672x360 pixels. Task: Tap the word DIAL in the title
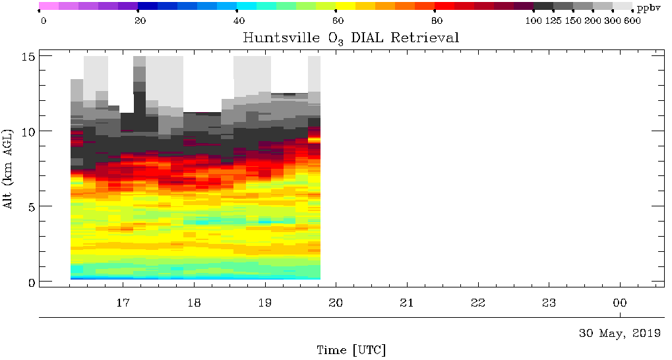coord(363,38)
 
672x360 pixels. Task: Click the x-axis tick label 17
coord(123,303)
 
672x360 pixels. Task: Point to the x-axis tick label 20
coord(336,303)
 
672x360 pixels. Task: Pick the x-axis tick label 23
coord(549,303)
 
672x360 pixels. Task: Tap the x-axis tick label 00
coord(620,303)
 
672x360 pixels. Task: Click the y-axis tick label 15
coord(28,57)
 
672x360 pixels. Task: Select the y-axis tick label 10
coord(28,131)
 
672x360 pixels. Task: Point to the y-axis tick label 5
coord(30,206)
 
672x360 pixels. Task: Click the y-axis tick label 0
coord(30,282)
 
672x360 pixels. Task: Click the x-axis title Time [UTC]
coord(351,349)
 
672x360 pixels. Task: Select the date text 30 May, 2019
coord(619,334)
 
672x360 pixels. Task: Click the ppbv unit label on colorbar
coord(648,7)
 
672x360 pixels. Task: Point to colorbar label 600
coord(633,20)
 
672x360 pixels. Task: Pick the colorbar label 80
coord(436,20)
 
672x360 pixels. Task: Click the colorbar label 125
coord(553,20)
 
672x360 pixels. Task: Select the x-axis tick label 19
coord(265,303)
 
